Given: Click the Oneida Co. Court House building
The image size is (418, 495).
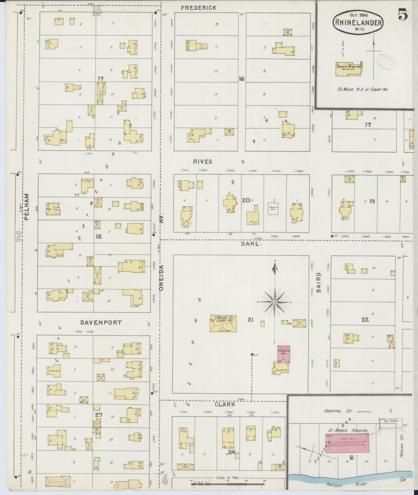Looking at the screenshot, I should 223,323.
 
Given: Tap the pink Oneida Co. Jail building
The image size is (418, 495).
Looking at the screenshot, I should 284,354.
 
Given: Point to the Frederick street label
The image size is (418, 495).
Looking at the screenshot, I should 199,8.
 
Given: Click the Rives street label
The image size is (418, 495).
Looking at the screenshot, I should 203,162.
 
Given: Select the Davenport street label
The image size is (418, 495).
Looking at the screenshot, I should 101,323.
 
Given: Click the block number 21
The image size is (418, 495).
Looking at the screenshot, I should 250,320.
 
